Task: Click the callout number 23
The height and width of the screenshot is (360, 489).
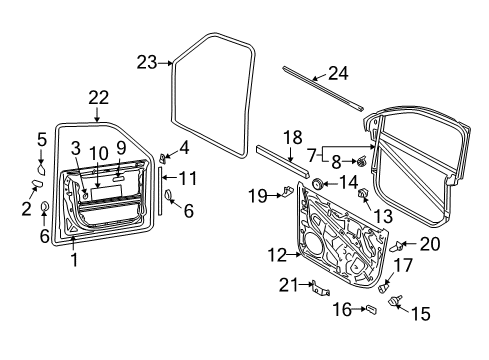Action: tap(147, 62)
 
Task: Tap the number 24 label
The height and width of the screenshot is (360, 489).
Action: tap(338, 73)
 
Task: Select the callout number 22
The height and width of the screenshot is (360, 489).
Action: tap(99, 98)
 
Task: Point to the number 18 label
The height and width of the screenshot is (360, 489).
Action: tap(293, 137)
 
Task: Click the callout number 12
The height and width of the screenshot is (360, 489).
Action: tap(277, 255)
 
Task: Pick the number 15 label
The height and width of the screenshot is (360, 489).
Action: tap(421, 314)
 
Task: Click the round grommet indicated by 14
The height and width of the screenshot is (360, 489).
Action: tap(317, 183)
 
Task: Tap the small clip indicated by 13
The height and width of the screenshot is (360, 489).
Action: tap(362, 193)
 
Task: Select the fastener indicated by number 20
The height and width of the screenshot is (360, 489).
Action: tap(396, 247)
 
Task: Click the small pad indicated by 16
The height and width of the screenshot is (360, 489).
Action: tap(371, 309)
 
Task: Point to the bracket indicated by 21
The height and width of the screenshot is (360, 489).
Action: tap(319, 289)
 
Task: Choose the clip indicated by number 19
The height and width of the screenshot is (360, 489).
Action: tap(287, 191)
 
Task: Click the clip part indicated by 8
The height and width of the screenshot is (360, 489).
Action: tap(362, 161)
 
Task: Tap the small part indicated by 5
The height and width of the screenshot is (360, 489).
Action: tap(41, 169)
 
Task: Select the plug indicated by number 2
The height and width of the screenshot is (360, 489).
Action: tap(37, 184)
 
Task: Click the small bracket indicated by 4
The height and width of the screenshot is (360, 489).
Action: tap(162, 158)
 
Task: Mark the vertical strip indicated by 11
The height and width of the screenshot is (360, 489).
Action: tap(160, 191)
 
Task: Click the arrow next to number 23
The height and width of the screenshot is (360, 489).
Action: tap(165, 62)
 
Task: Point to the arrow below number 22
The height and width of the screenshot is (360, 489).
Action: tap(97, 114)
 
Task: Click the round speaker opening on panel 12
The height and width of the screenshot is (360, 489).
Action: tap(312, 244)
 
